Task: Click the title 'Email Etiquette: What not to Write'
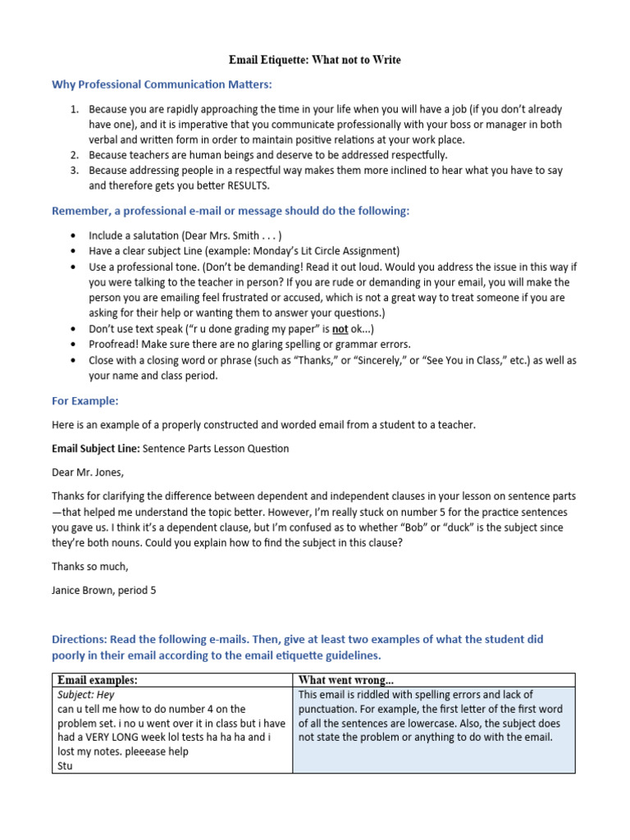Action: pyautogui.click(x=315, y=61)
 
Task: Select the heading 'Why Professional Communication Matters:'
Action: pyautogui.click(x=162, y=84)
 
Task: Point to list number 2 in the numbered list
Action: pyautogui.click(x=73, y=154)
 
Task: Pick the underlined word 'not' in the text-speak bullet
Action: pyautogui.click(x=340, y=328)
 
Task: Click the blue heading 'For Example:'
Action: pyautogui.click(x=85, y=401)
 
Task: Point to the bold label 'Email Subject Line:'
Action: pyautogui.click(x=96, y=449)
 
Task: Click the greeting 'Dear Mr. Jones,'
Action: pyautogui.click(x=88, y=472)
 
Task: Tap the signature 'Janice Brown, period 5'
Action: pyautogui.click(x=103, y=590)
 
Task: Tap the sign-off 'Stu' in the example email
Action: pyautogui.click(x=66, y=766)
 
